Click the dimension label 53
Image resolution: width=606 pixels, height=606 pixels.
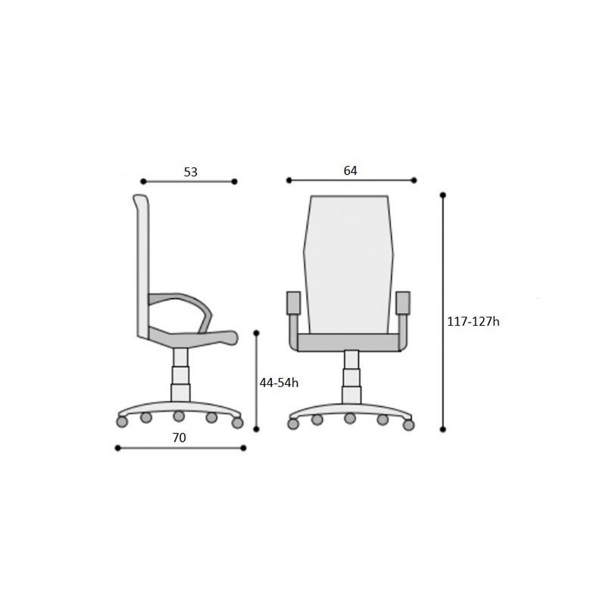point(191,172)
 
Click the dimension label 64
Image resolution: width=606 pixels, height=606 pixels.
point(351,170)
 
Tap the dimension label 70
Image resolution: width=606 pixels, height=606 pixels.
point(179,438)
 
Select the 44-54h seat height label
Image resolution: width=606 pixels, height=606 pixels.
point(279,383)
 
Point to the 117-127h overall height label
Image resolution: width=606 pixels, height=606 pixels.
point(473,321)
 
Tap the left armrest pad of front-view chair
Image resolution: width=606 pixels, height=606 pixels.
point(293,302)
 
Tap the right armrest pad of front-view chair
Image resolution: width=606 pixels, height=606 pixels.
point(403,302)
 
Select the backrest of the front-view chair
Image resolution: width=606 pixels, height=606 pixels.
point(348,264)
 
